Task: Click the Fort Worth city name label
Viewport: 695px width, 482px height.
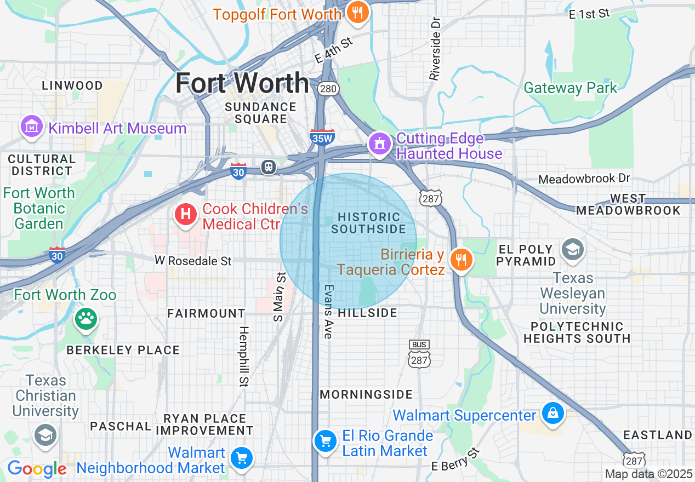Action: (242, 83)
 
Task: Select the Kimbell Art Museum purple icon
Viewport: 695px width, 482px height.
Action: (32, 128)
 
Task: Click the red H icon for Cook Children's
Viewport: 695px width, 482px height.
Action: (186, 214)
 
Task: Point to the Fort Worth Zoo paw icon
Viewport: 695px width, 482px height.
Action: (86, 318)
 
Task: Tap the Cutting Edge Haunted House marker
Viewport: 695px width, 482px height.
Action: (379, 144)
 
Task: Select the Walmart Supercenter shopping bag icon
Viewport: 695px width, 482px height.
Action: (552, 413)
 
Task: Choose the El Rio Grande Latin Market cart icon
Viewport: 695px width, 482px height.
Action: (325, 440)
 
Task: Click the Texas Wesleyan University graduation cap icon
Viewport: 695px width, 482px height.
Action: (573, 249)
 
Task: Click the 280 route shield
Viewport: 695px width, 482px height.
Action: (330, 89)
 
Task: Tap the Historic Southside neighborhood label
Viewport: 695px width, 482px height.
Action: (368, 223)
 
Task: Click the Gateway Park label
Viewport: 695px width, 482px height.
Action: (570, 88)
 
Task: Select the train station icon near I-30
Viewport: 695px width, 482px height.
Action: (269, 167)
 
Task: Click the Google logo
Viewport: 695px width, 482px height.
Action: (37, 469)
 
